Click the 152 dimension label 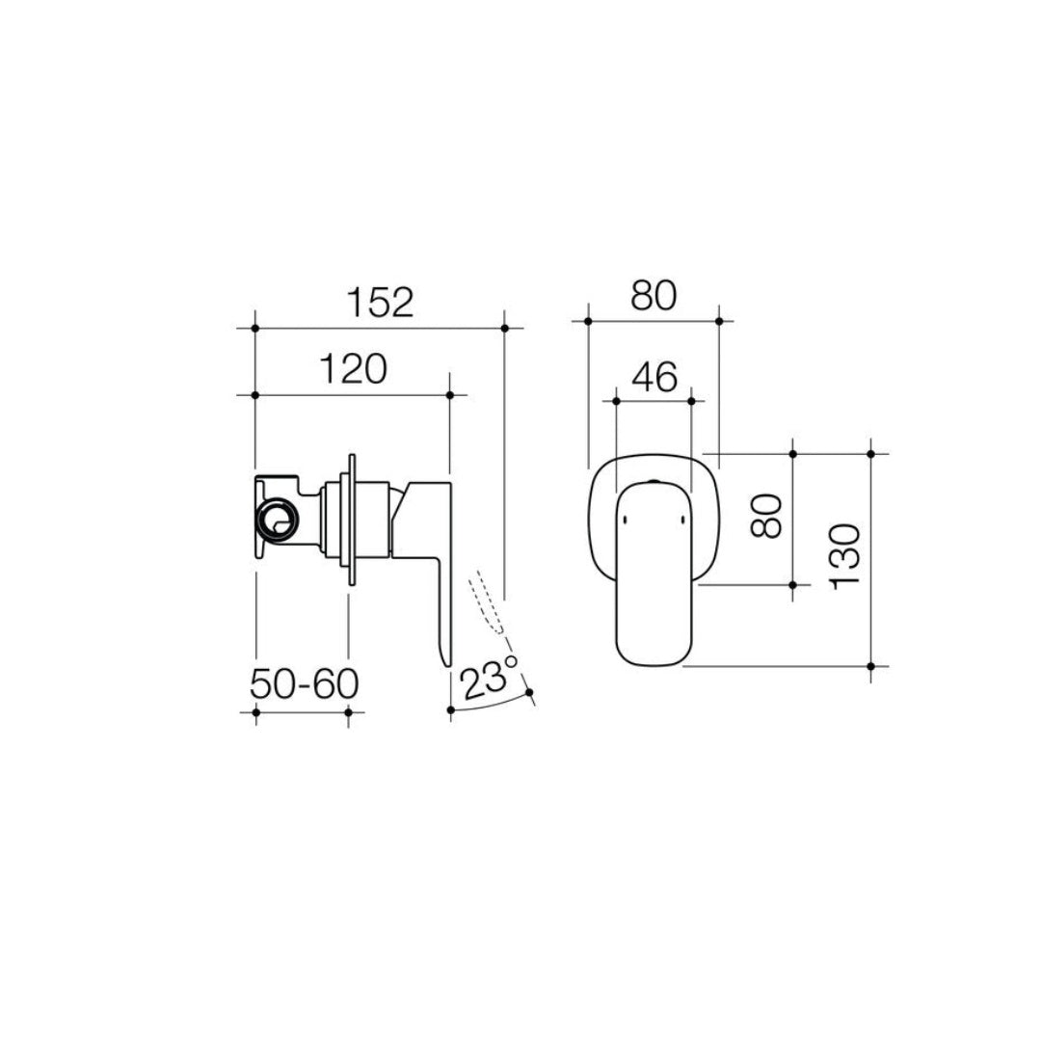click(380, 302)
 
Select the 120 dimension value click(351, 369)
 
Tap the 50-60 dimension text click(304, 683)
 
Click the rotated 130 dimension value click(845, 557)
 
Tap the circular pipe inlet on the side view click(279, 521)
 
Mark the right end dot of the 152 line click(505, 329)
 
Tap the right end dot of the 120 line click(450, 395)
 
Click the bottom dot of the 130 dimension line click(871, 666)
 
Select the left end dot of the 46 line click(615, 396)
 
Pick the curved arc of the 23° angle click(492, 705)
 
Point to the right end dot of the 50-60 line click(348, 712)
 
